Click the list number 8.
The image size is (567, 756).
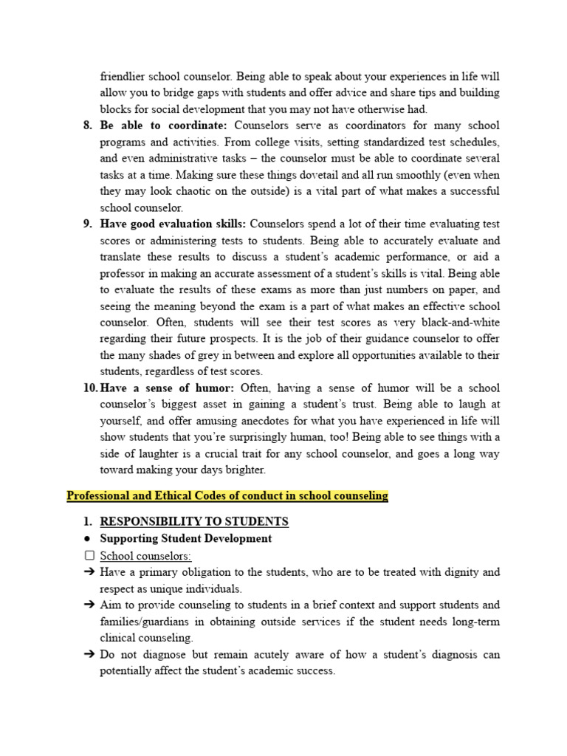(x=88, y=126)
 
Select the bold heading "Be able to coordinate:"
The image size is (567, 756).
(x=164, y=126)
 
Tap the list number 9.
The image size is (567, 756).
(x=88, y=224)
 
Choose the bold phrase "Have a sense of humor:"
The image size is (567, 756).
(x=168, y=388)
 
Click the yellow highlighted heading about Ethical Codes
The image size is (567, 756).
(x=227, y=496)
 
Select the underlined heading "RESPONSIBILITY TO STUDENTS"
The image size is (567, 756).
(x=194, y=522)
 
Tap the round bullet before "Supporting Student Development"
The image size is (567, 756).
(x=88, y=539)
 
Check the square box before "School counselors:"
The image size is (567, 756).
(x=89, y=556)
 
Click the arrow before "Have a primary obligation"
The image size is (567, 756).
(x=89, y=572)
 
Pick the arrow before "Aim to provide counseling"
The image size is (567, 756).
(x=89, y=605)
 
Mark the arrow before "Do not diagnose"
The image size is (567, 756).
(x=89, y=655)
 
